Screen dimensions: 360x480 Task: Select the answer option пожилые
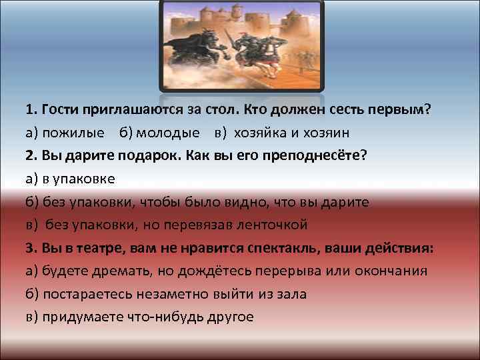coord(73,133)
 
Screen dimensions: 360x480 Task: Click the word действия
coord(398,247)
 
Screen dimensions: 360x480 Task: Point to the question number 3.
coord(29,247)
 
